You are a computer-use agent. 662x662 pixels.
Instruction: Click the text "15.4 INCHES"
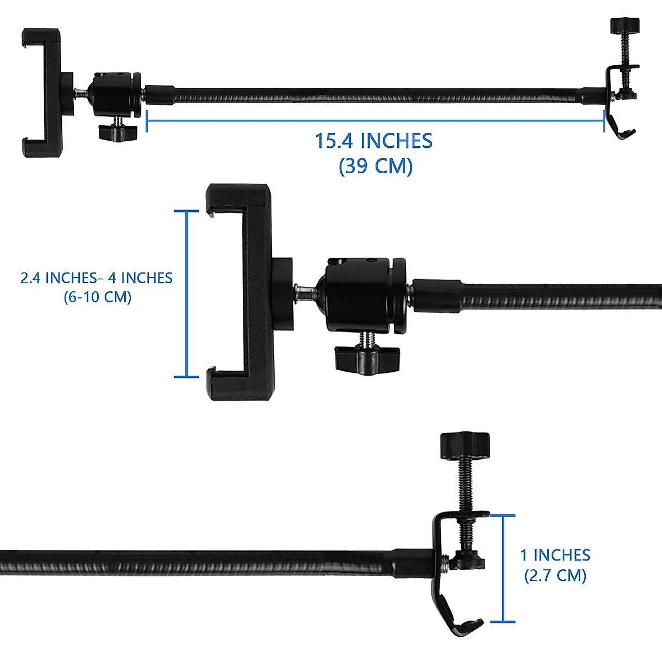(373, 141)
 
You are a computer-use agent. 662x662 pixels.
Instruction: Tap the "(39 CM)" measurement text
(375, 166)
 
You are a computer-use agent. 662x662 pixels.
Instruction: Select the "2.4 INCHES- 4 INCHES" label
(97, 277)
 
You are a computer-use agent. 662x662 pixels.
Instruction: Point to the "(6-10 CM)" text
(98, 297)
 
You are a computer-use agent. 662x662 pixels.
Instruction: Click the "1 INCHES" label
(555, 555)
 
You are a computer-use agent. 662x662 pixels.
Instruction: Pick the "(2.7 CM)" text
(555, 575)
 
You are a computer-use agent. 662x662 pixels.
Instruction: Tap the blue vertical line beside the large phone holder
(187, 293)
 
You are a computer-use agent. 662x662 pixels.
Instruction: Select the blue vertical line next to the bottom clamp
(503, 568)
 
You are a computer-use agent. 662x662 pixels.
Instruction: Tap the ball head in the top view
(116, 94)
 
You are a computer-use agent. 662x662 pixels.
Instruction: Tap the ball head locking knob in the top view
(117, 132)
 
